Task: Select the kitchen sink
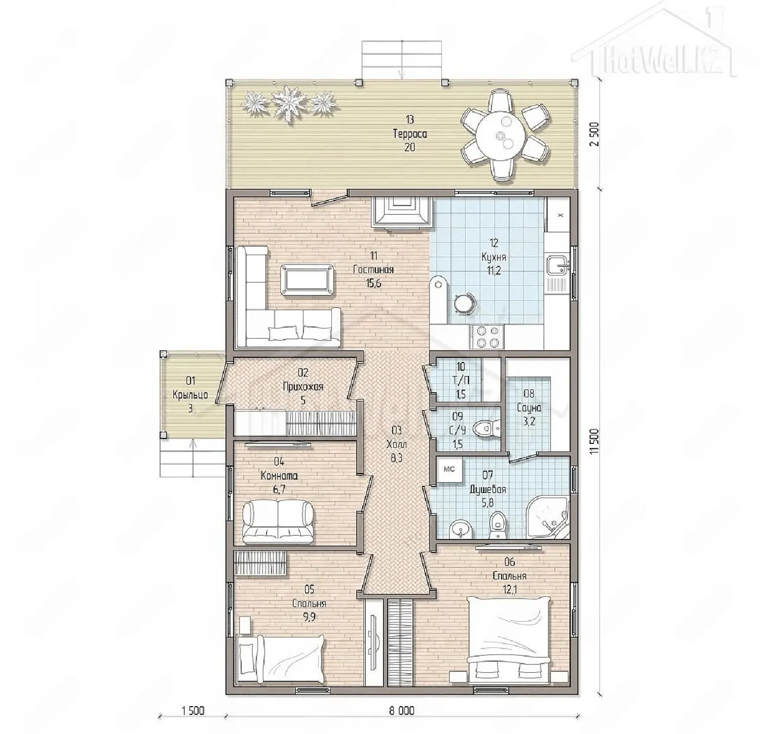[x=557, y=266]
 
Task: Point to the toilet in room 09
[x=486, y=428]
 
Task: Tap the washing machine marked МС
[x=449, y=470]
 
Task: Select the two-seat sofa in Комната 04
[x=278, y=522]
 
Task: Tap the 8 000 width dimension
[x=401, y=711]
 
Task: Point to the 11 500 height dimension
[x=594, y=441]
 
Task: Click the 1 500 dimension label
[x=193, y=711]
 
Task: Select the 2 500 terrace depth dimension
[x=594, y=135]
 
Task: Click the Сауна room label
[x=529, y=408]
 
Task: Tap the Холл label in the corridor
[x=397, y=444]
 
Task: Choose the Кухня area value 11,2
[x=493, y=271]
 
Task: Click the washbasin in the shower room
[x=461, y=529]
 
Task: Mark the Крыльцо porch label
[x=190, y=395]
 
